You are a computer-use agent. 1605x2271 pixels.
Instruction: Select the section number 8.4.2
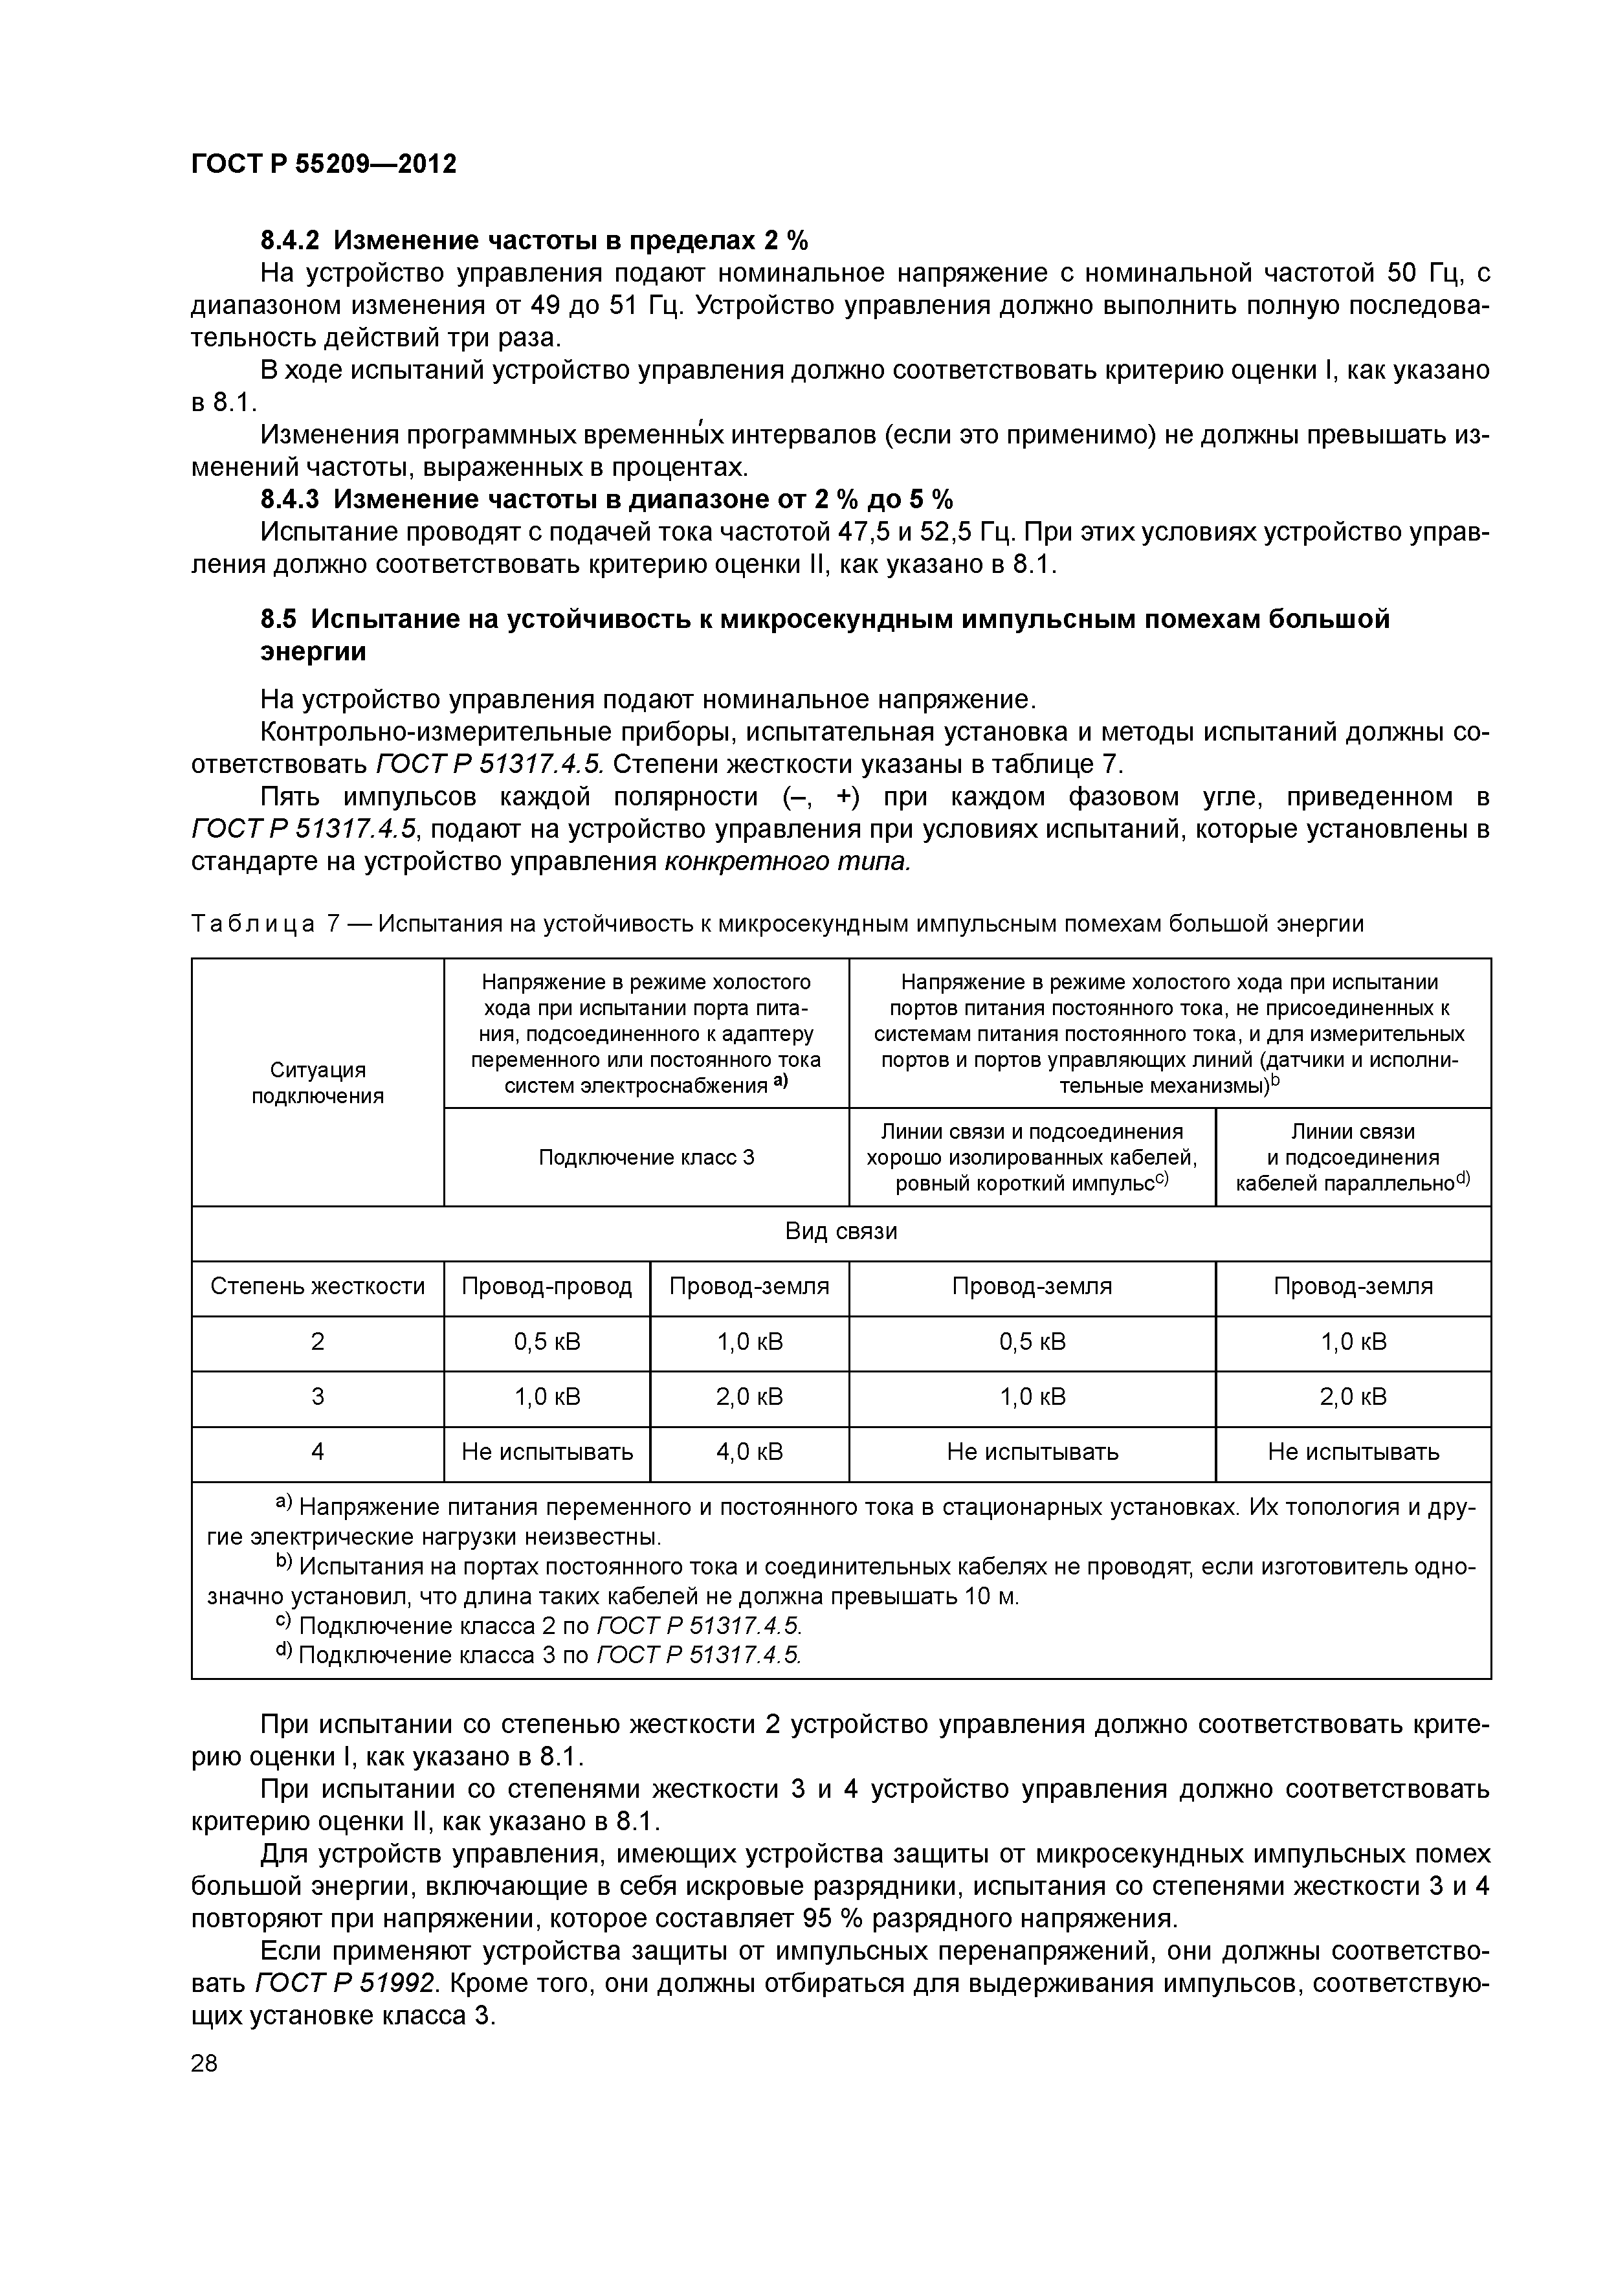point(292,240)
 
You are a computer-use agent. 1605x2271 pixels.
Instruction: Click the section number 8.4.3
point(292,500)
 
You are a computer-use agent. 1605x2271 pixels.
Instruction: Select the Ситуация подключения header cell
point(317,1082)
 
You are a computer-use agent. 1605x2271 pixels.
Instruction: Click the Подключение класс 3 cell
point(646,1158)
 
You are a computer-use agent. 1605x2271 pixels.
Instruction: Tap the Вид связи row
point(841,1231)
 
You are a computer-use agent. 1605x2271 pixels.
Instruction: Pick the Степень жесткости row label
point(317,1287)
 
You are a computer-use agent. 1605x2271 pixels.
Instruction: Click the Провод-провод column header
point(547,1287)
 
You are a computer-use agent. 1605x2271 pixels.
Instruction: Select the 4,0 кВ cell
point(749,1452)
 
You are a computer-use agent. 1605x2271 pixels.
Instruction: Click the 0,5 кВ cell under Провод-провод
point(547,1342)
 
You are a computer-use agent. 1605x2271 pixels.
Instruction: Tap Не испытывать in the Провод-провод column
point(547,1452)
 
